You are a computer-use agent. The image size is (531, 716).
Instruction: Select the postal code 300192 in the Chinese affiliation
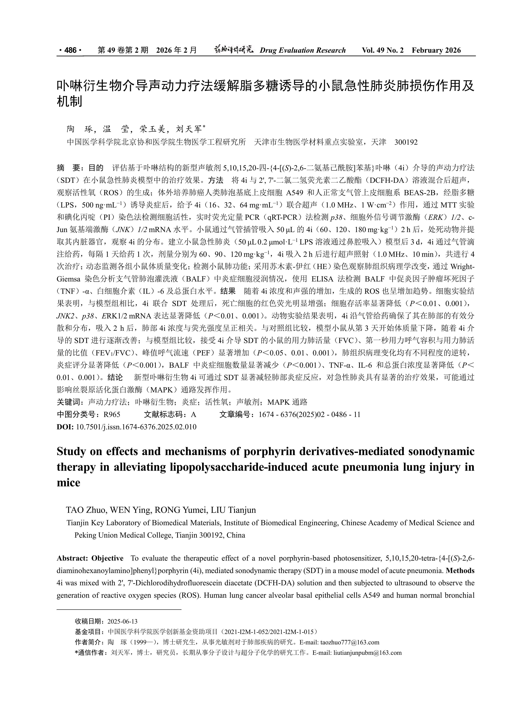pos(406,142)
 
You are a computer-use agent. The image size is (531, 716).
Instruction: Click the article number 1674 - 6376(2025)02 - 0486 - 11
pos(310,415)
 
